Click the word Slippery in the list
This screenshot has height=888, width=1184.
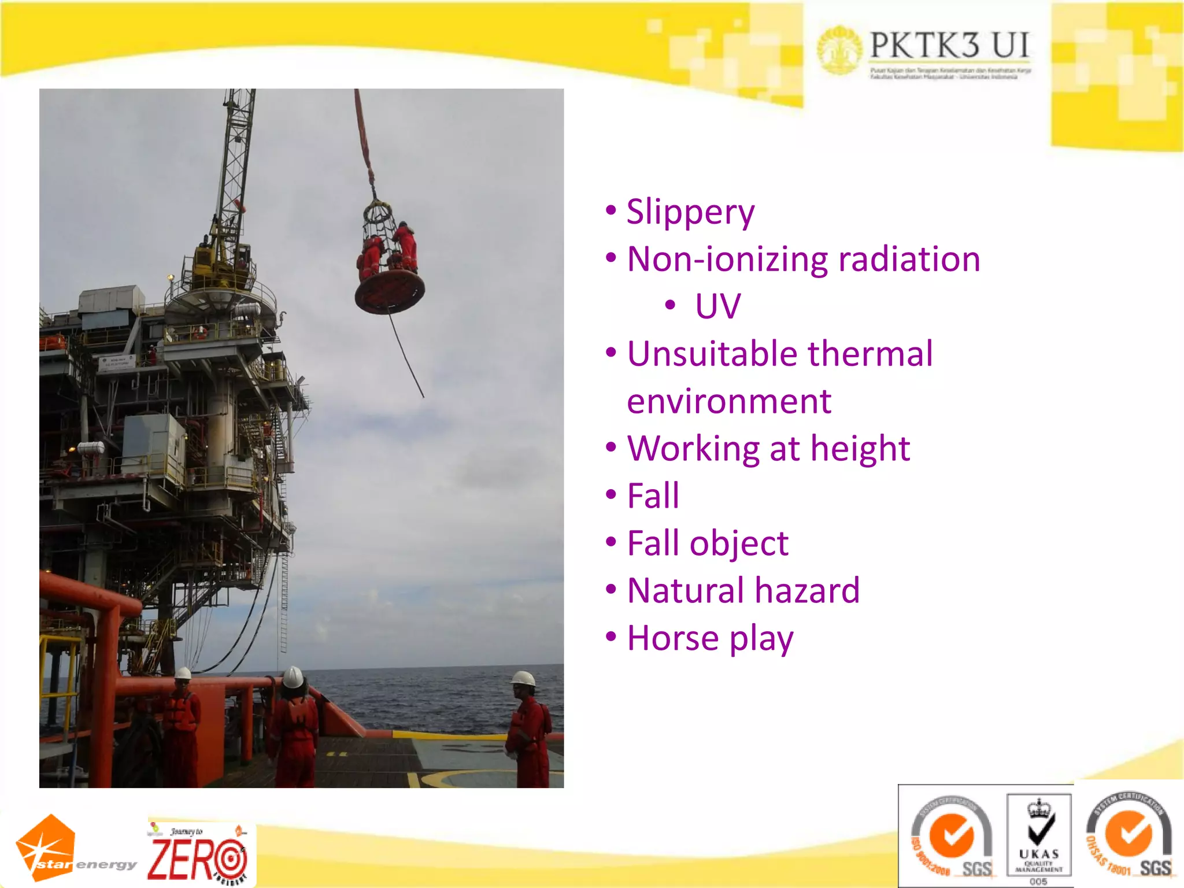click(x=690, y=212)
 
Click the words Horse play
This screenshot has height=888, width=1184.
click(x=710, y=639)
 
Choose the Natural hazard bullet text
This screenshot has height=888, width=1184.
click(x=743, y=591)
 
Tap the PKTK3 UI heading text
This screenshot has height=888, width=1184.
click(x=949, y=45)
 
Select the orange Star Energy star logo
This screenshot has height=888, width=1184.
click(x=46, y=848)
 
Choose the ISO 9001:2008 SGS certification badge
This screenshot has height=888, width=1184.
click(x=952, y=837)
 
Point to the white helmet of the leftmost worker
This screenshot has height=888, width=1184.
click(x=183, y=673)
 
